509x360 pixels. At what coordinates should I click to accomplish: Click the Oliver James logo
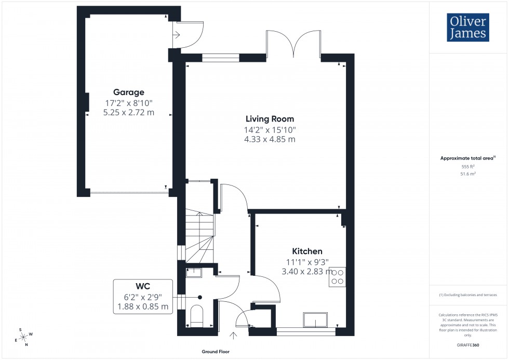pyautogui.click(x=467, y=28)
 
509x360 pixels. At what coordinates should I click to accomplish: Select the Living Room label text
pyautogui.click(x=270, y=119)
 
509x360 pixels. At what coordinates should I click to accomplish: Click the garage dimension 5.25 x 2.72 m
pyautogui.click(x=128, y=113)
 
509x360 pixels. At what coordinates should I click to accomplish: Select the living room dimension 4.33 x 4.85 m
pyautogui.click(x=270, y=139)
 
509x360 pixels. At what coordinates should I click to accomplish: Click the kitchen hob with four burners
pyautogui.click(x=337, y=276)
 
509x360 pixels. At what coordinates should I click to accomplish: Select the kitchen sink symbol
pyautogui.click(x=315, y=320)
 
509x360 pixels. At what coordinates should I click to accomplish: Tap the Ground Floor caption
pyautogui.click(x=216, y=352)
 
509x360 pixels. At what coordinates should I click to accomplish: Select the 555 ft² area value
pyautogui.click(x=468, y=166)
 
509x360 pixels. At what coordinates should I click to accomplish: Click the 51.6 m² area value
pyautogui.click(x=468, y=175)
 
